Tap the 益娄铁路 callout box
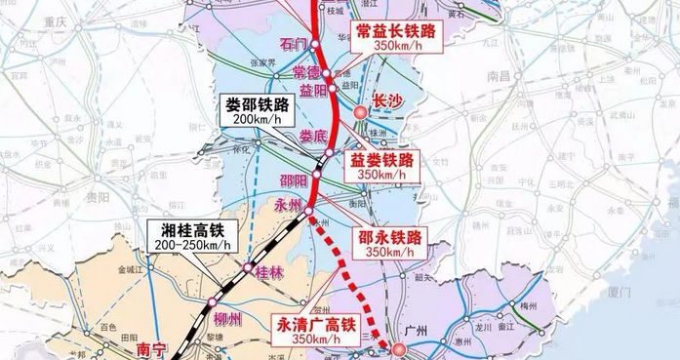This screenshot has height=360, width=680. [x=384, y=165]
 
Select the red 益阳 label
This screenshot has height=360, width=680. [x=314, y=91]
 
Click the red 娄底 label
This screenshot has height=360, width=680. [x=314, y=136]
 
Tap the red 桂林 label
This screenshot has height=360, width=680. [x=268, y=274]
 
